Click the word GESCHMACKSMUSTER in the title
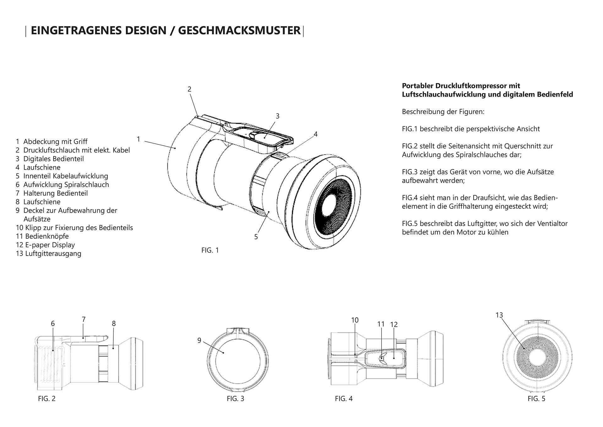(x=239, y=30)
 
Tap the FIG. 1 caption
(x=210, y=250)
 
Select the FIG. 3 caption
(x=235, y=399)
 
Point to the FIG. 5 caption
(x=536, y=399)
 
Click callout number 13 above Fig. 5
(x=499, y=315)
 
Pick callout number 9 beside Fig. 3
(x=199, y=341)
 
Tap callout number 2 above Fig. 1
(x=189, y=89)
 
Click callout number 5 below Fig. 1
(x=256, y=237)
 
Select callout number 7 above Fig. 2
(x=84, y=319)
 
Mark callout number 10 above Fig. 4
(x=355, y=320)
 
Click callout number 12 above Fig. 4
(x=394, y=324)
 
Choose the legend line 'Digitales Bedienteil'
(x=53, y=159)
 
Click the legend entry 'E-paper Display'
(x=50, y=245)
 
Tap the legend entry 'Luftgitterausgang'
(x=53, y=253)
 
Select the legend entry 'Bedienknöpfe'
(x=46, y=236)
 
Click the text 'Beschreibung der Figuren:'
(x=443, y=112)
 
